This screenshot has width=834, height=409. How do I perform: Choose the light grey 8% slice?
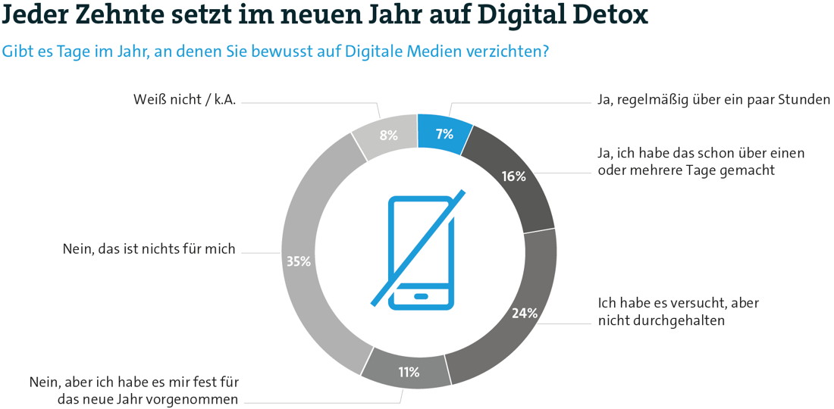388,136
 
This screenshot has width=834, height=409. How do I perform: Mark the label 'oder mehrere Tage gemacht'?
686,170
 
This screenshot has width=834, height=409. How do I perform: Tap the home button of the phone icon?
422,295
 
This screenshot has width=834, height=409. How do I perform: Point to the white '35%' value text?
298,261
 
